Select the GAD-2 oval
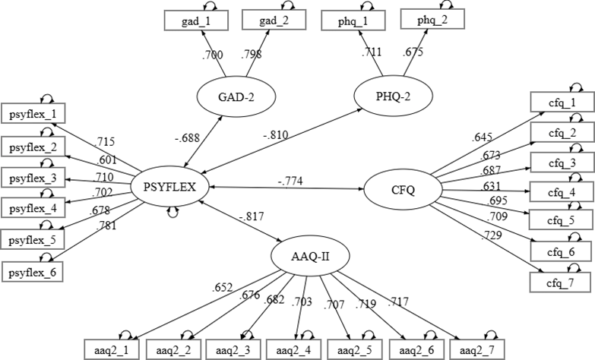pos(235,98)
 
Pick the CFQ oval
pos(402,190)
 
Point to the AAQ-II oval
pos(311,256)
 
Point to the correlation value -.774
pos(291,180)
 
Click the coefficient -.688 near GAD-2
pos(186,138)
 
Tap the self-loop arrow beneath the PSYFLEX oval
pos(174,213)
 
